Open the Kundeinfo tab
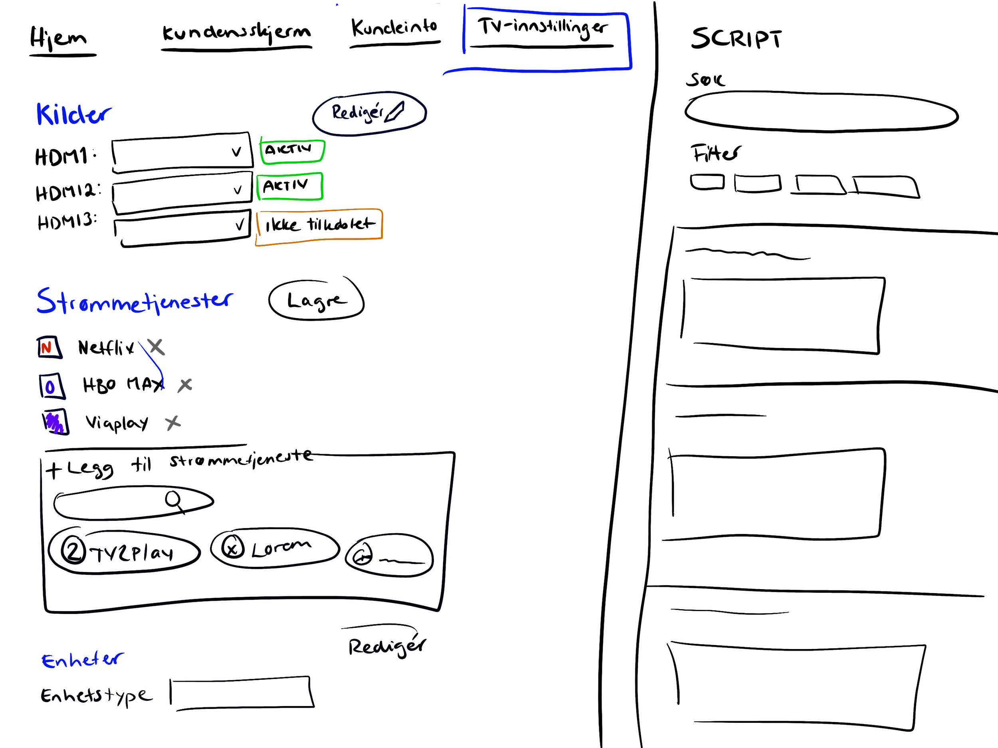click(394, 28)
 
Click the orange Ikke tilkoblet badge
click(319, 225)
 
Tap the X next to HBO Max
click(185, 385)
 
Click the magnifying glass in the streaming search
click(174, 500)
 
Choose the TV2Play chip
click(124, 551)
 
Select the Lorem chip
click(274, 548)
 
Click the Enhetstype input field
click(242, 693)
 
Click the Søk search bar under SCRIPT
click(821, 112)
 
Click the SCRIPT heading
click(736, 38)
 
